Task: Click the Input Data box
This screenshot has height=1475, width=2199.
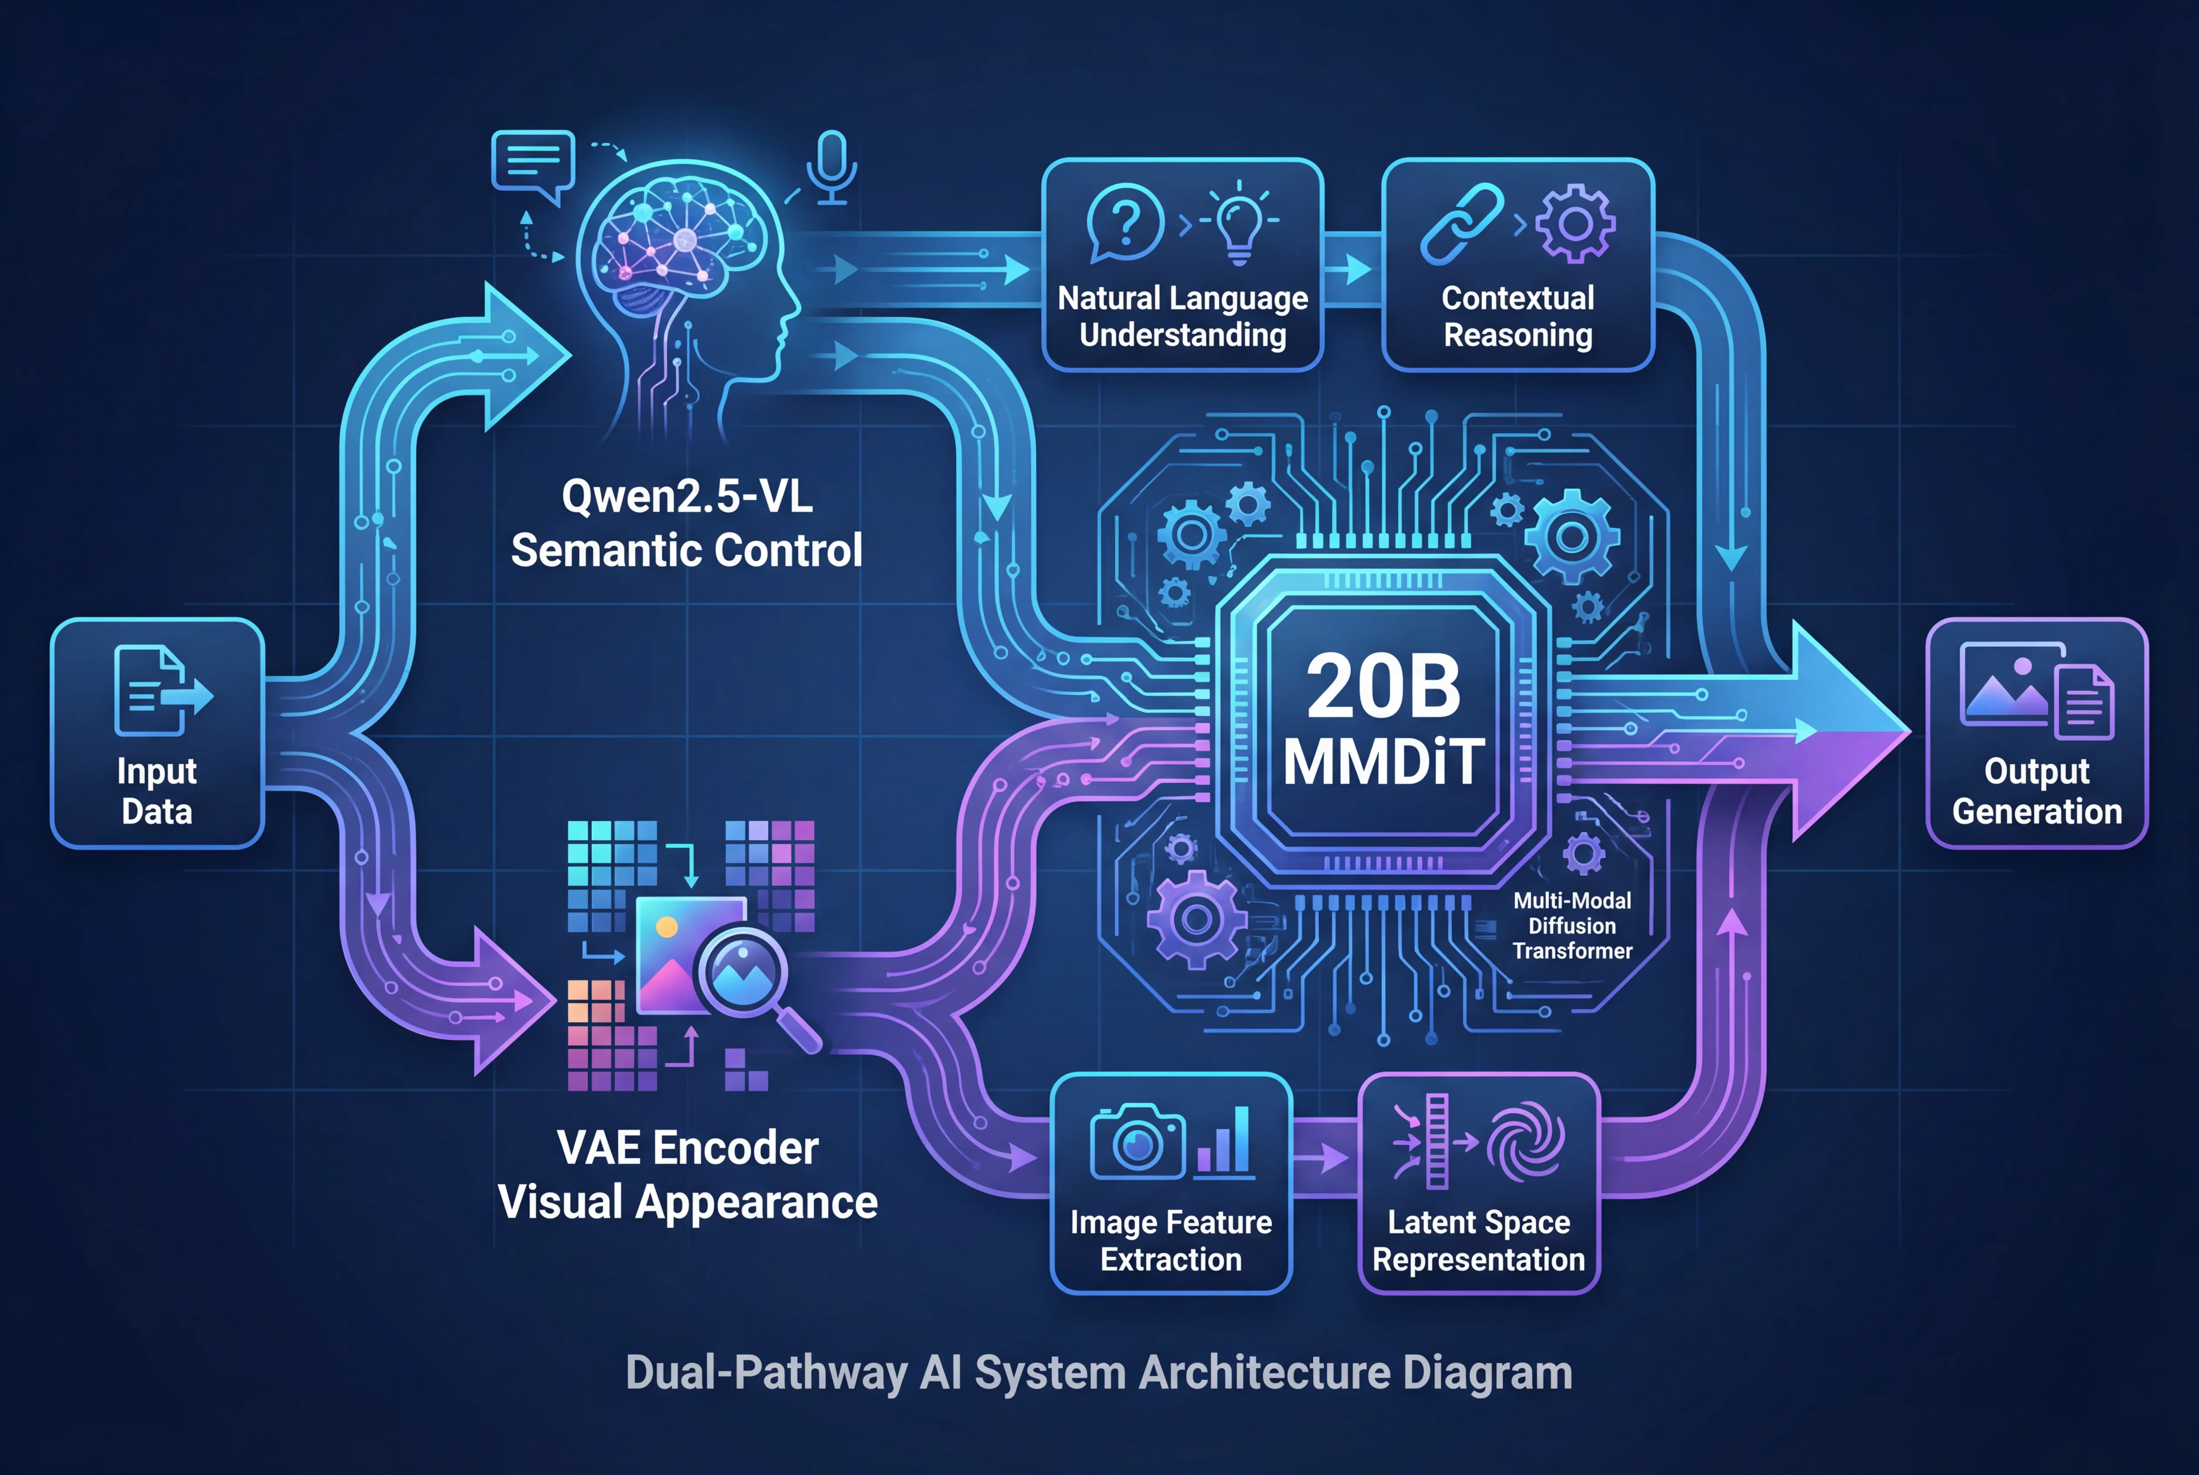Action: coord(157,733)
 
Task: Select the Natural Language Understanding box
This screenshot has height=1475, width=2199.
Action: coord(1183,265)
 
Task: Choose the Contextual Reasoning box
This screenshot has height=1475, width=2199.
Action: coord(1518,265)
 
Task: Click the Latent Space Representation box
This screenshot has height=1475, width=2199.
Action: coord(1478,1183)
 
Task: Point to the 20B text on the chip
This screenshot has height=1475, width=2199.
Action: coord(1383,687)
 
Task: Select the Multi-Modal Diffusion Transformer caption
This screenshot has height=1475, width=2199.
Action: coord(1571,926)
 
